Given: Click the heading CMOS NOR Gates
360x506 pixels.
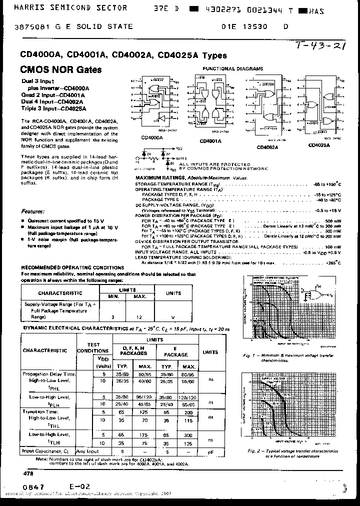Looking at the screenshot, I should (60, 69).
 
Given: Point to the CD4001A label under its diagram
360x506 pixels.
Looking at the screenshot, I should (210, 141).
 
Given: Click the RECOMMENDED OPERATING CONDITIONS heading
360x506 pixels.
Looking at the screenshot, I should (72, 268).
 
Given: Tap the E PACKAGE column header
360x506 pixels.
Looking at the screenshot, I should (176, 351).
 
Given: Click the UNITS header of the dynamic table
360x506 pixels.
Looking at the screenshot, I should (210, 352).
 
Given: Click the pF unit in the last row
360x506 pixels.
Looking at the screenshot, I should (210, 451).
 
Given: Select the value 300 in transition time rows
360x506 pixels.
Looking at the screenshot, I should (189, 435).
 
